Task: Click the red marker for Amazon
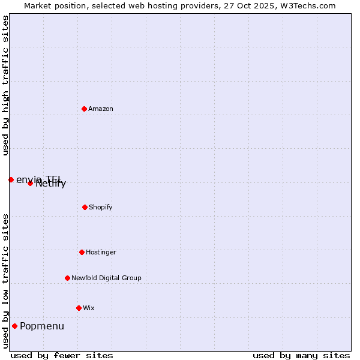[x=84, y=109]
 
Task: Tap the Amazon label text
[x=101, y=109]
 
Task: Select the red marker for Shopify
[x=85, y=207]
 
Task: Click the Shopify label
[x=101, y=208]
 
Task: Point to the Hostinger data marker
[x=82, y=252]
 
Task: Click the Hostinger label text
[x=101, y=253]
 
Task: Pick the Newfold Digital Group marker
[x=67, y=278]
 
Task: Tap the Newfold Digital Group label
[x=106, y=278]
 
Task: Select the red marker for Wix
[x=79, y=308]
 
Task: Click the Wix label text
[x=89, y=308]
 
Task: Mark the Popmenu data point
[x=14, y=326]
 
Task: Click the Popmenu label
[x=42, y=326]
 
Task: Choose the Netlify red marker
[x=30, y=183]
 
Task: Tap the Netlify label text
[x=51, y=184]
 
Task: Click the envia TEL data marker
[x=11, y=179]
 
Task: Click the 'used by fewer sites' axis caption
[x=62, y=355]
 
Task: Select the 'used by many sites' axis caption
[x=301, y=355]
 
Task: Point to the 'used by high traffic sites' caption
[x=6, y=85]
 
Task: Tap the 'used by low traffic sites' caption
[x=6, y=281]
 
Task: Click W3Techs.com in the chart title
[x=307, y=6]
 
